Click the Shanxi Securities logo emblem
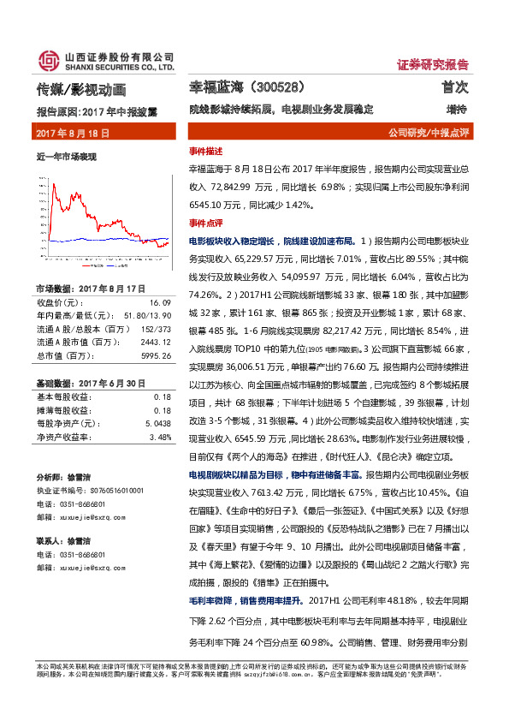pos(48,60)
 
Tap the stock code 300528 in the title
pos(274,87)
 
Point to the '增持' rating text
pos(457,110)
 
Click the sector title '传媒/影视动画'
pos(81,88)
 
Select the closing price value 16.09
pos(161,303)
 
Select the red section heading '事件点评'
pos(205,222)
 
